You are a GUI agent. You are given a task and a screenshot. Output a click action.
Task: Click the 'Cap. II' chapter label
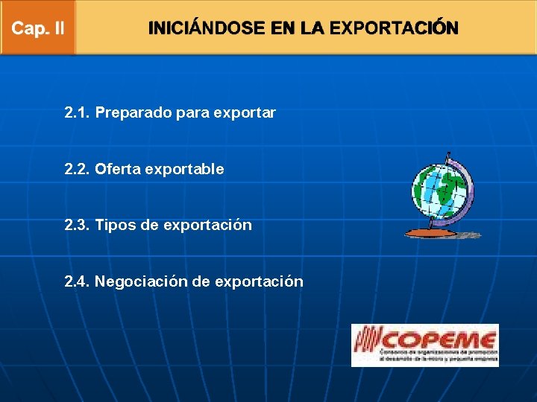coord(38,29)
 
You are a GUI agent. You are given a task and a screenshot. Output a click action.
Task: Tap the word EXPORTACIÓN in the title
coord(394,29)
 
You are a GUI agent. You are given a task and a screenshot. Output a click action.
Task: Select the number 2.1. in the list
coord(77,113)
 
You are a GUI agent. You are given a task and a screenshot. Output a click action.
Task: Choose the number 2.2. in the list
coord(77,169)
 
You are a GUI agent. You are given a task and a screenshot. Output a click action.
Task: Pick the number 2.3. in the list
coord(77,225)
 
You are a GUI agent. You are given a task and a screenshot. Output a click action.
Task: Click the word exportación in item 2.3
coord(207,226)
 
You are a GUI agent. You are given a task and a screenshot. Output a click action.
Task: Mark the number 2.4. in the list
coord(77,281)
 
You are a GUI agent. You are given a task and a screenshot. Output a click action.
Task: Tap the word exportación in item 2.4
coord(259,282)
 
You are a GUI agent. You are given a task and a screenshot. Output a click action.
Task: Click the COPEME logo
coord(425,345)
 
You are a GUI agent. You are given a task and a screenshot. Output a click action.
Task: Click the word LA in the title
coord(312,29)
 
